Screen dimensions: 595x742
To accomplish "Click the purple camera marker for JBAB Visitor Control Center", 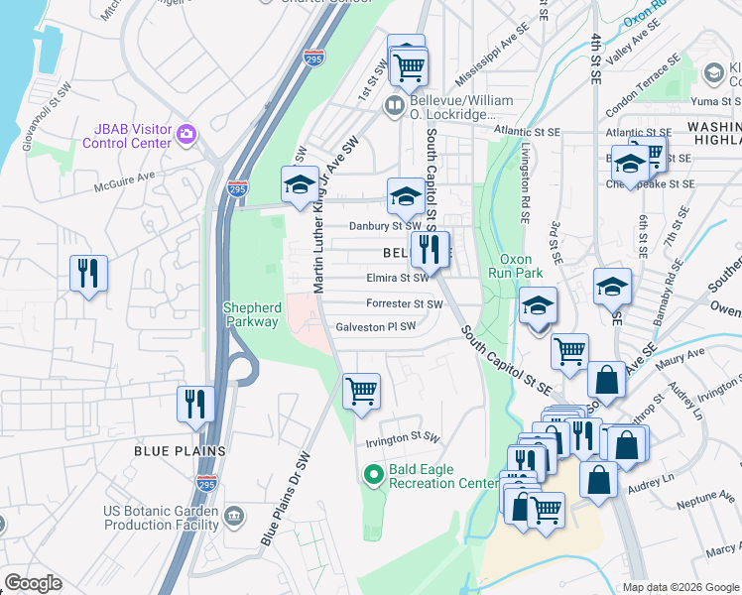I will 185,133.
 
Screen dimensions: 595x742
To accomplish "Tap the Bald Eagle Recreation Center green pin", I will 374,475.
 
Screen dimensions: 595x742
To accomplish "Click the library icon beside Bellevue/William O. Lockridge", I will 395,104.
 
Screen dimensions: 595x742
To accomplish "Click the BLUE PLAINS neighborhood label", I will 181,450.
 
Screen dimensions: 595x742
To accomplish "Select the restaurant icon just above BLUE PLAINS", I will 194,405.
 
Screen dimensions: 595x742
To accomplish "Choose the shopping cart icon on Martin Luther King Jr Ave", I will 361,390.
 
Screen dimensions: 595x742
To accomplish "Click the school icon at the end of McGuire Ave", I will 300,184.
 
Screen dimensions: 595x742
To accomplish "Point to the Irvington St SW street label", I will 402,436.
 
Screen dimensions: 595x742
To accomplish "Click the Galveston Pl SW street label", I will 375,326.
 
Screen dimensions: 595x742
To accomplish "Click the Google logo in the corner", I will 32,583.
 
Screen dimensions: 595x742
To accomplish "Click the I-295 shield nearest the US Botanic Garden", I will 205,484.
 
